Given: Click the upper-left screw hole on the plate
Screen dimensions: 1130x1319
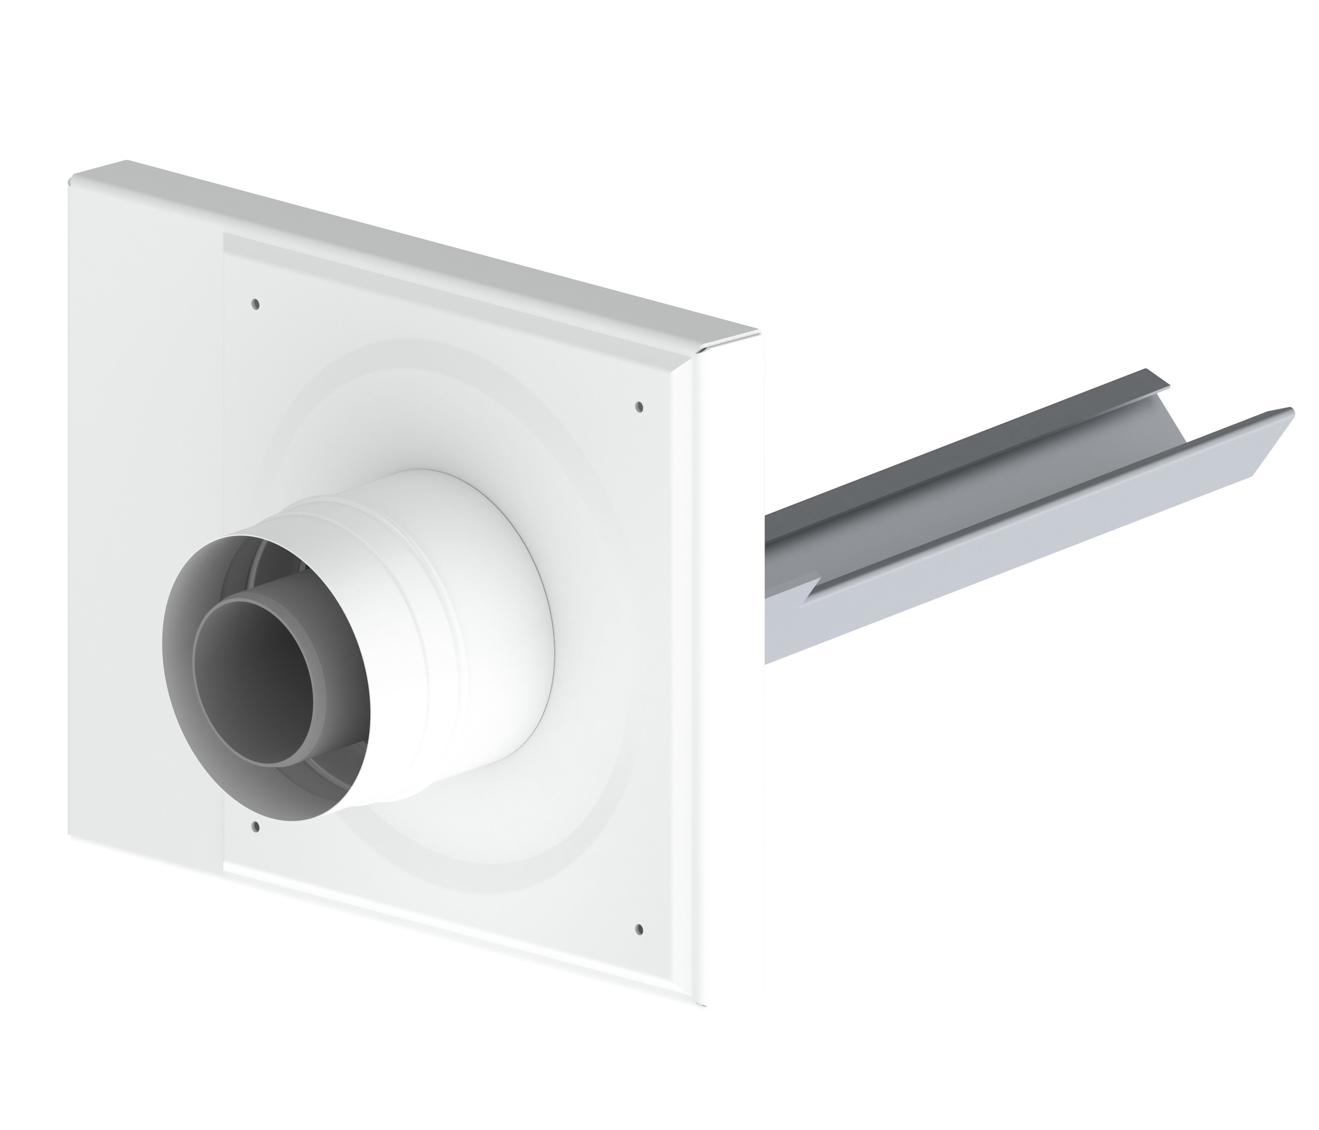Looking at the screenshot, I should [255, 304].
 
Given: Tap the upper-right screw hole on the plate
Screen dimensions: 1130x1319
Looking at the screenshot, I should [640, 406].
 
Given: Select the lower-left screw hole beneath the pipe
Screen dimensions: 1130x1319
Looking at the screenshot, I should [256, 827].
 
